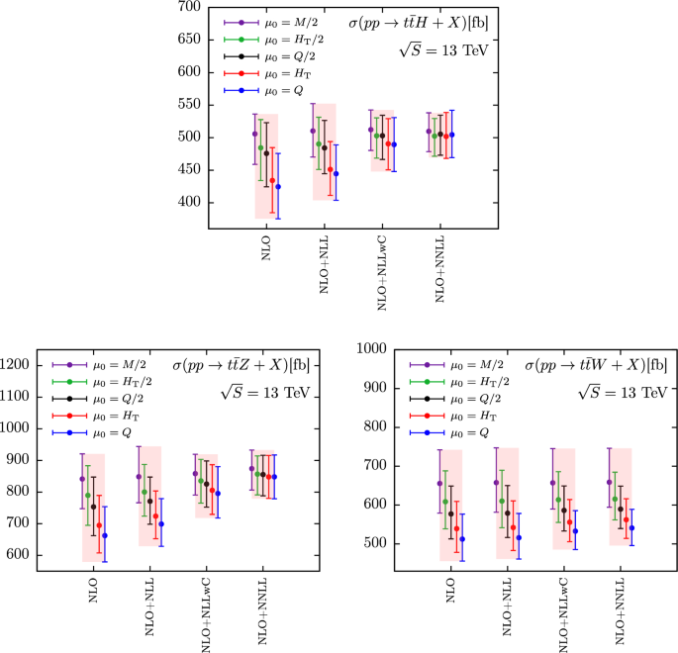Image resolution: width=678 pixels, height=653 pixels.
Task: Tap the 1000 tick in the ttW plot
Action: pyautogui.click(x=373, y=349)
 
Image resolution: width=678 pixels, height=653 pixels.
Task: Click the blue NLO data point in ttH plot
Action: pyautogui.click(x=278, y=187)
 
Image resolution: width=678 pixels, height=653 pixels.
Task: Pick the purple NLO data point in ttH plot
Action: pyautogui.click(x=254, y=134)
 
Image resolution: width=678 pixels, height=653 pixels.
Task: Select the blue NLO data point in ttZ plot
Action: pyautogui.click(x=105, y=535)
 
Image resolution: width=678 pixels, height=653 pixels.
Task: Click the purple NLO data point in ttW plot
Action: pyautogui.click(x=439, y=483)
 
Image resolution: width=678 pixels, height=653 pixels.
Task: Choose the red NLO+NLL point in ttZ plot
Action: pyautogui.click(x=154, y=516)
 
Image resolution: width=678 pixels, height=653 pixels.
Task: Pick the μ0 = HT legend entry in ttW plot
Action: pyautogui.click(x=470, y=416)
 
